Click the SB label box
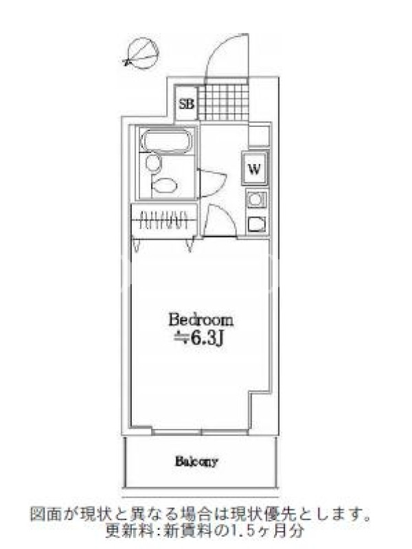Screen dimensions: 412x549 point(186,104)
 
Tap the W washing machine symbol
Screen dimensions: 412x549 point(255,169)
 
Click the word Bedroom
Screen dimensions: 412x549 point(201,320)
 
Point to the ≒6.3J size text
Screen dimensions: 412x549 point(199,338)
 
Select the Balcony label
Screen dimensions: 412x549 point(196,461)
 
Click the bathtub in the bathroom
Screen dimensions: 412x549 point(166,140)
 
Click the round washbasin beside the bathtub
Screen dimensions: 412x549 point(152,163)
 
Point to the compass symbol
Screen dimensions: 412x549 point(141,54)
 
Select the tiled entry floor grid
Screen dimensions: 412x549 point(223,102)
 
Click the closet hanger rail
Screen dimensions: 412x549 point(165,220)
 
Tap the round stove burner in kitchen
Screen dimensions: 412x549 point(255,200)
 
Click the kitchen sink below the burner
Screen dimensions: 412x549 point(256,224)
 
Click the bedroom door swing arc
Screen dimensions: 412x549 point(220,221)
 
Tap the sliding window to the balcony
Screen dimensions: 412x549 point(201,432)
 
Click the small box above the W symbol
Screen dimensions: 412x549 point(260,135)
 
